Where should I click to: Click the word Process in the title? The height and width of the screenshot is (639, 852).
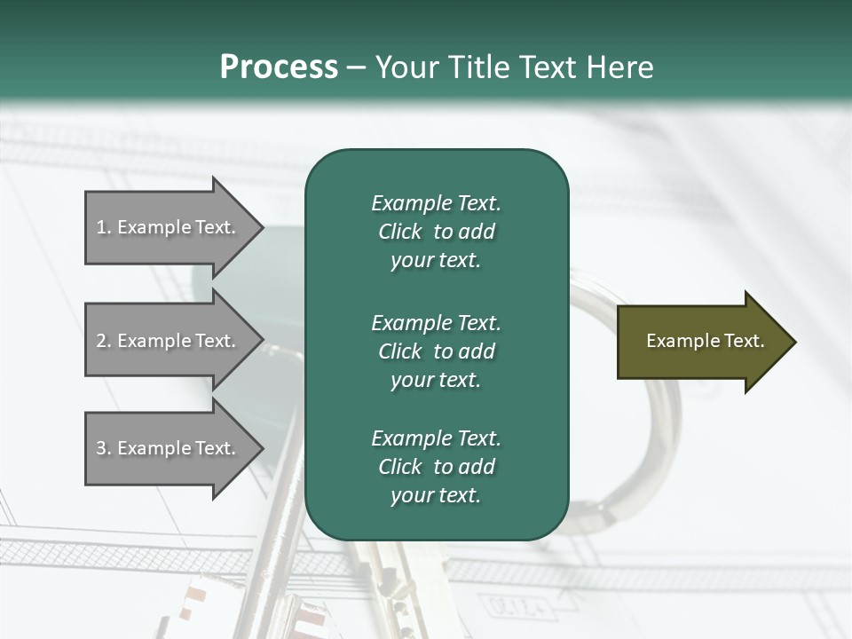[279, 67]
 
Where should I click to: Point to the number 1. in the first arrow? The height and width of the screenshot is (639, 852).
[103, 227]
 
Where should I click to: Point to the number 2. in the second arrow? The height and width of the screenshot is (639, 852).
[103, 341]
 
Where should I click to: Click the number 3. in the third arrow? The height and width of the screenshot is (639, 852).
[103, 448]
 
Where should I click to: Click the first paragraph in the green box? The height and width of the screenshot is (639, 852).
[436, 232]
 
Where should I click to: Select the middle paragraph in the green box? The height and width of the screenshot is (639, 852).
[436, 351]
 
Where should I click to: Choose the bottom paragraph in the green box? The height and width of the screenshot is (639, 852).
[436, 467]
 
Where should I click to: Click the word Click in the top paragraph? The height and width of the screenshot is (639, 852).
[400, 232]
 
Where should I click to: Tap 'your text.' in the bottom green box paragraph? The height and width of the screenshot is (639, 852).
[436, 495]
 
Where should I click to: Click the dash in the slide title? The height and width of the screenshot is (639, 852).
[357, 67]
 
